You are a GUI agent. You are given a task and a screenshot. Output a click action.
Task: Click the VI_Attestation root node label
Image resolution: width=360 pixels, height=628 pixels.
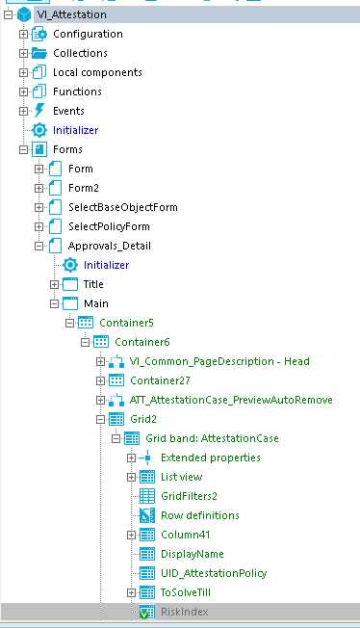coord(71,15)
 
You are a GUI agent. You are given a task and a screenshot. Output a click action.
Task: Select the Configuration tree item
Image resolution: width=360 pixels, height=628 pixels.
coord(88,34)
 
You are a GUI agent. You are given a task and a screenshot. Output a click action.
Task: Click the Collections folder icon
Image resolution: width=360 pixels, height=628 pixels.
coord(39,53)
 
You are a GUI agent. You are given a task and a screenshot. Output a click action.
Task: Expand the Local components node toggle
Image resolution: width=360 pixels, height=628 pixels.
coord(24,72)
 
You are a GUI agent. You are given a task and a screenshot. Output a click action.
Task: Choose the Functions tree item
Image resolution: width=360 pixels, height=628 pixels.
coord(77,92)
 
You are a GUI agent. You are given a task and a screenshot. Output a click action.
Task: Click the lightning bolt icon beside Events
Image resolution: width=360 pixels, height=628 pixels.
coord(39,111)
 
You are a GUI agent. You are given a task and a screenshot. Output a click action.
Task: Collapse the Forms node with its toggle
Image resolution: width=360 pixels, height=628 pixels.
coord(24,149)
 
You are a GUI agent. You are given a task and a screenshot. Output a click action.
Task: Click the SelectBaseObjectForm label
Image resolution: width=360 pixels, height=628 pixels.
coord(122,207)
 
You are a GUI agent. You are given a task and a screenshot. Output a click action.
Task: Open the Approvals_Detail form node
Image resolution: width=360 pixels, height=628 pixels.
coord(109,246)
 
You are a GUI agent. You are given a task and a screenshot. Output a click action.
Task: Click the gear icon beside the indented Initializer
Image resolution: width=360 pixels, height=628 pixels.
coord(70,265)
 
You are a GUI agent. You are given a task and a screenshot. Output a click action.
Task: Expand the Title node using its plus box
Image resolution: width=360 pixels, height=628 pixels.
coord(55,284)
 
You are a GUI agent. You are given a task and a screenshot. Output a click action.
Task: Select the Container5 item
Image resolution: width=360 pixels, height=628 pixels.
coord(126,323)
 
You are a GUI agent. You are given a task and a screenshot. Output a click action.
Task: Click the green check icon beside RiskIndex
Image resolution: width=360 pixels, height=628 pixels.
coord(147,612)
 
